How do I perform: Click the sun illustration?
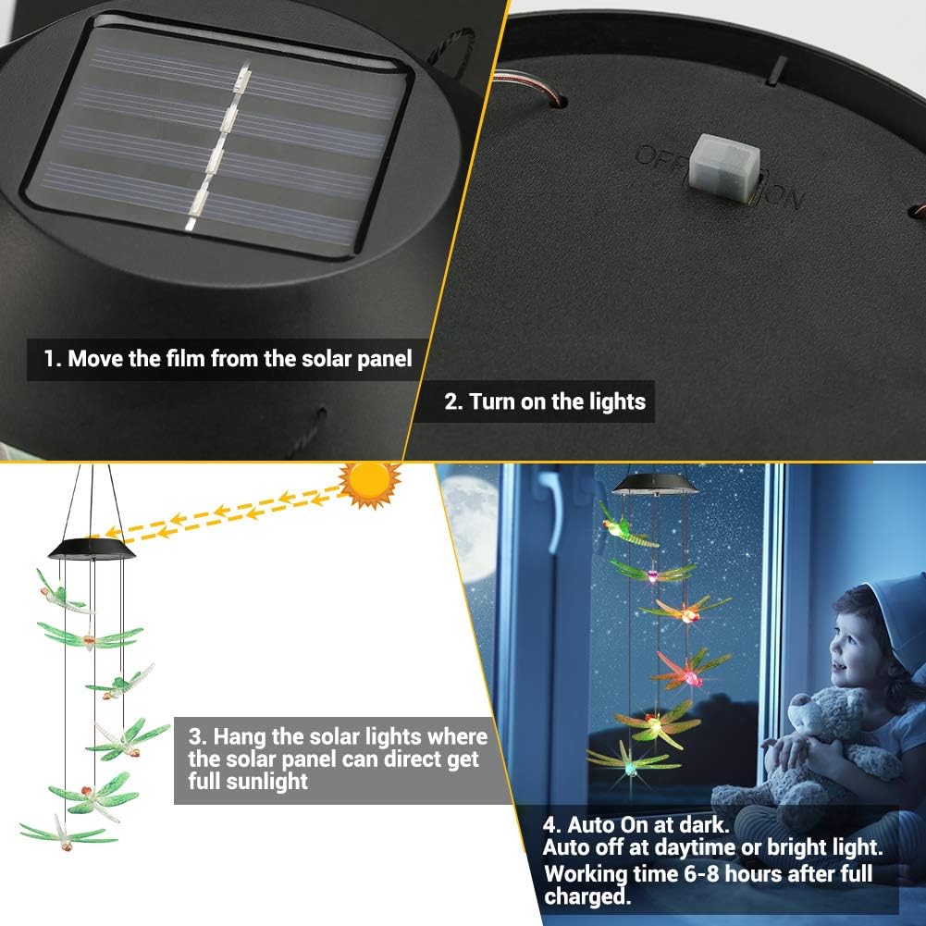tap(370, 483)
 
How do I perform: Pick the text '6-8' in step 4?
tap(701, 873)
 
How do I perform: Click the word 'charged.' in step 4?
tap(587, 896)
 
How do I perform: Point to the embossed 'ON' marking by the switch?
tap(784, 196)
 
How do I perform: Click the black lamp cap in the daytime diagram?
tap(92, 548)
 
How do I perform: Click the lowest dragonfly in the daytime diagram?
tap(67, 833)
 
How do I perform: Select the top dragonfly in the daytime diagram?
tap(59, 594)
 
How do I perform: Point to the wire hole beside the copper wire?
tap(558, 101)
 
